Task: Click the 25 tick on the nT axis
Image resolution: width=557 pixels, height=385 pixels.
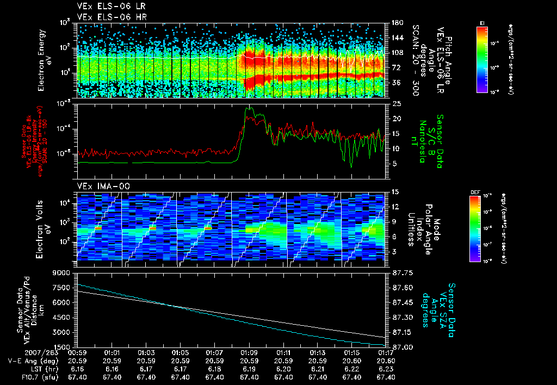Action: [396, 103]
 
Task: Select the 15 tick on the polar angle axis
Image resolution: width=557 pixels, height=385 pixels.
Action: [395, 191]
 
